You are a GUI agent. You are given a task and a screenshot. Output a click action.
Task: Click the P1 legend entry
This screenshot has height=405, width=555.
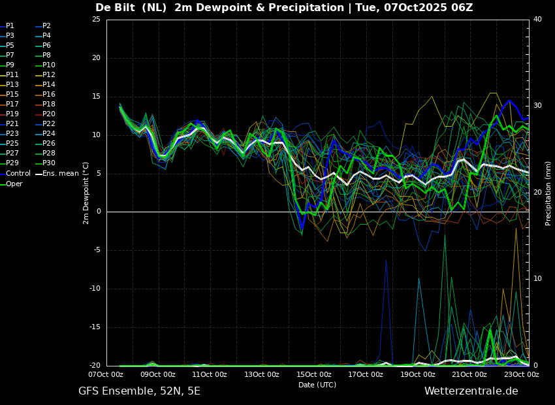(7, 26)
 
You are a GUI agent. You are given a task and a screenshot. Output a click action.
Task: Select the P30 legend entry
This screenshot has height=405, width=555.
(46, 163)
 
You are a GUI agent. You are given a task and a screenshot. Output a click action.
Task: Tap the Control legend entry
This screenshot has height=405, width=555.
(16, 174)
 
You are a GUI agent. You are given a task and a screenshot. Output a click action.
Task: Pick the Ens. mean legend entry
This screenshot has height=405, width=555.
(57, 174)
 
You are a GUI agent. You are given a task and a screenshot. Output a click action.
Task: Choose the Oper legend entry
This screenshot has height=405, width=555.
(11, 184)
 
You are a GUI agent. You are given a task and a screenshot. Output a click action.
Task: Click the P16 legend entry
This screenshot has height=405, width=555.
(46, 95)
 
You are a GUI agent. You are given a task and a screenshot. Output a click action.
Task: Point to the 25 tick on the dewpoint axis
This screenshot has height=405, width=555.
(96, 19)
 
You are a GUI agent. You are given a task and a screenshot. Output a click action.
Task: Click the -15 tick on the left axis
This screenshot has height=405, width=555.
(95, 327)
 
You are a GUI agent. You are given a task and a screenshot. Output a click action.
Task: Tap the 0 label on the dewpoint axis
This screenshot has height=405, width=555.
(99, 212)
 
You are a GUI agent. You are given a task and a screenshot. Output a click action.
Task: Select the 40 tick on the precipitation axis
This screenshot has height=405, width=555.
(537, 19)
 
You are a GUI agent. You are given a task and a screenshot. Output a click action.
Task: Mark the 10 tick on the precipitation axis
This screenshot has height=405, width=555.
(537, 279)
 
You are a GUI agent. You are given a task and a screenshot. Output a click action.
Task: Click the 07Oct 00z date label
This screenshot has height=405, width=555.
(106, 374)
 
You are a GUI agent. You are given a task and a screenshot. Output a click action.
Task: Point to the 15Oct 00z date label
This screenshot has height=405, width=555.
(314, 374)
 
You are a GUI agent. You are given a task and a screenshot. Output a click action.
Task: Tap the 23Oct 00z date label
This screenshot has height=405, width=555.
(522, 374)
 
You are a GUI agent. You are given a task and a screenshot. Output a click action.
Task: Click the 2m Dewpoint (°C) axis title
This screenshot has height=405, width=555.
(86, 193)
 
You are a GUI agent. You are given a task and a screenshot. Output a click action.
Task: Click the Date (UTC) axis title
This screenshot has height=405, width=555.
(317, 385)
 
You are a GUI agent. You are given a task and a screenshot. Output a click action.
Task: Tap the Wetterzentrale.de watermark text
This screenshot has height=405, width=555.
(471, 391)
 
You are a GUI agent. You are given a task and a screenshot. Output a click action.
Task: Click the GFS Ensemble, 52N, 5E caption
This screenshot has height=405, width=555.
(139, 391)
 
